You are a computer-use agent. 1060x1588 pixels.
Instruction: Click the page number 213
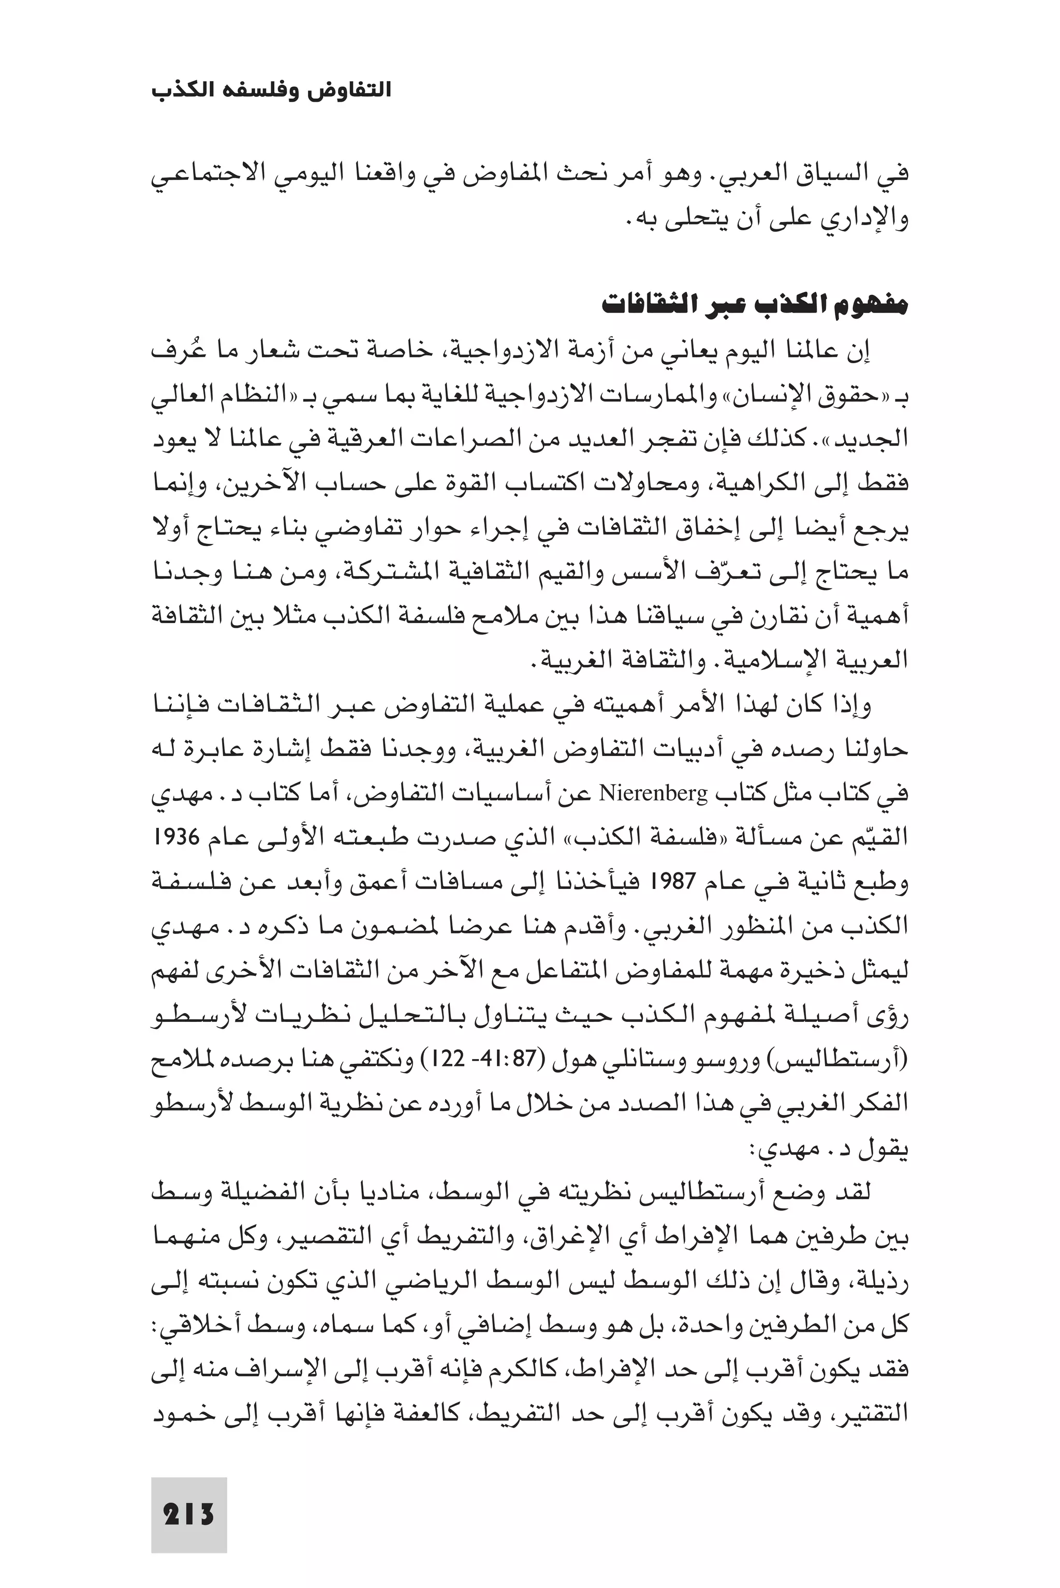tap(188, 1495)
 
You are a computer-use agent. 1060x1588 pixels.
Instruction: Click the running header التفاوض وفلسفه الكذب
tap(272, 90)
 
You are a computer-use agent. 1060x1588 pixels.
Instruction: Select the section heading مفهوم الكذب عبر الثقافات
tap(755, 305)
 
